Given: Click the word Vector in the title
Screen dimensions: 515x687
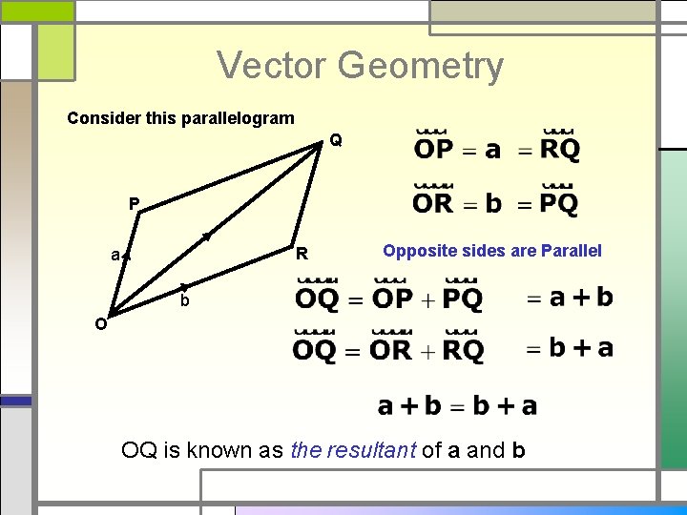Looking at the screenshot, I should (273, 66).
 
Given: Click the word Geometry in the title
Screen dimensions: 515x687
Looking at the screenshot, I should (420, 67).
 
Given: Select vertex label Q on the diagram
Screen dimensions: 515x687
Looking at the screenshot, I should (335, 140).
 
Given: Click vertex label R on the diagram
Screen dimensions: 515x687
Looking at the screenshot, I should (302, 255).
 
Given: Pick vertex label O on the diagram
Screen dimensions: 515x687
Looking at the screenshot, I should (100, 323).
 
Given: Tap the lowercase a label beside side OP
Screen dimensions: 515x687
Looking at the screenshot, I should (114, 255).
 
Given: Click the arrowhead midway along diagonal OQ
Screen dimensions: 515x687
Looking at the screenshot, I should (205, 235).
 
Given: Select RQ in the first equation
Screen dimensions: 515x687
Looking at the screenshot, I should (560, 149).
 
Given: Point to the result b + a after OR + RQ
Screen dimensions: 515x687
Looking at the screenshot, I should (580, 348).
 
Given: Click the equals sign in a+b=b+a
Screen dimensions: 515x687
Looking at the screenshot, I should (457, 407).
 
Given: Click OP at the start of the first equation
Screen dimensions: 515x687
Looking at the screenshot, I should (434, 149).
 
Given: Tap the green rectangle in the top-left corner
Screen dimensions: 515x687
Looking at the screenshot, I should (37, 10).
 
